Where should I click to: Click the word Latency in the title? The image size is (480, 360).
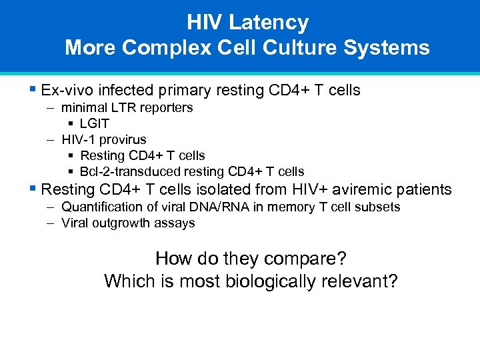269,23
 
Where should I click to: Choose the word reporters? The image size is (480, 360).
167,108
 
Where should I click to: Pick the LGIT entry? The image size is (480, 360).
95,124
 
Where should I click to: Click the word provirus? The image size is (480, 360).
123,140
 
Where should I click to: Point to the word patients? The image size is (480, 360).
426,190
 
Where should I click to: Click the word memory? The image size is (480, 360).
290,207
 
